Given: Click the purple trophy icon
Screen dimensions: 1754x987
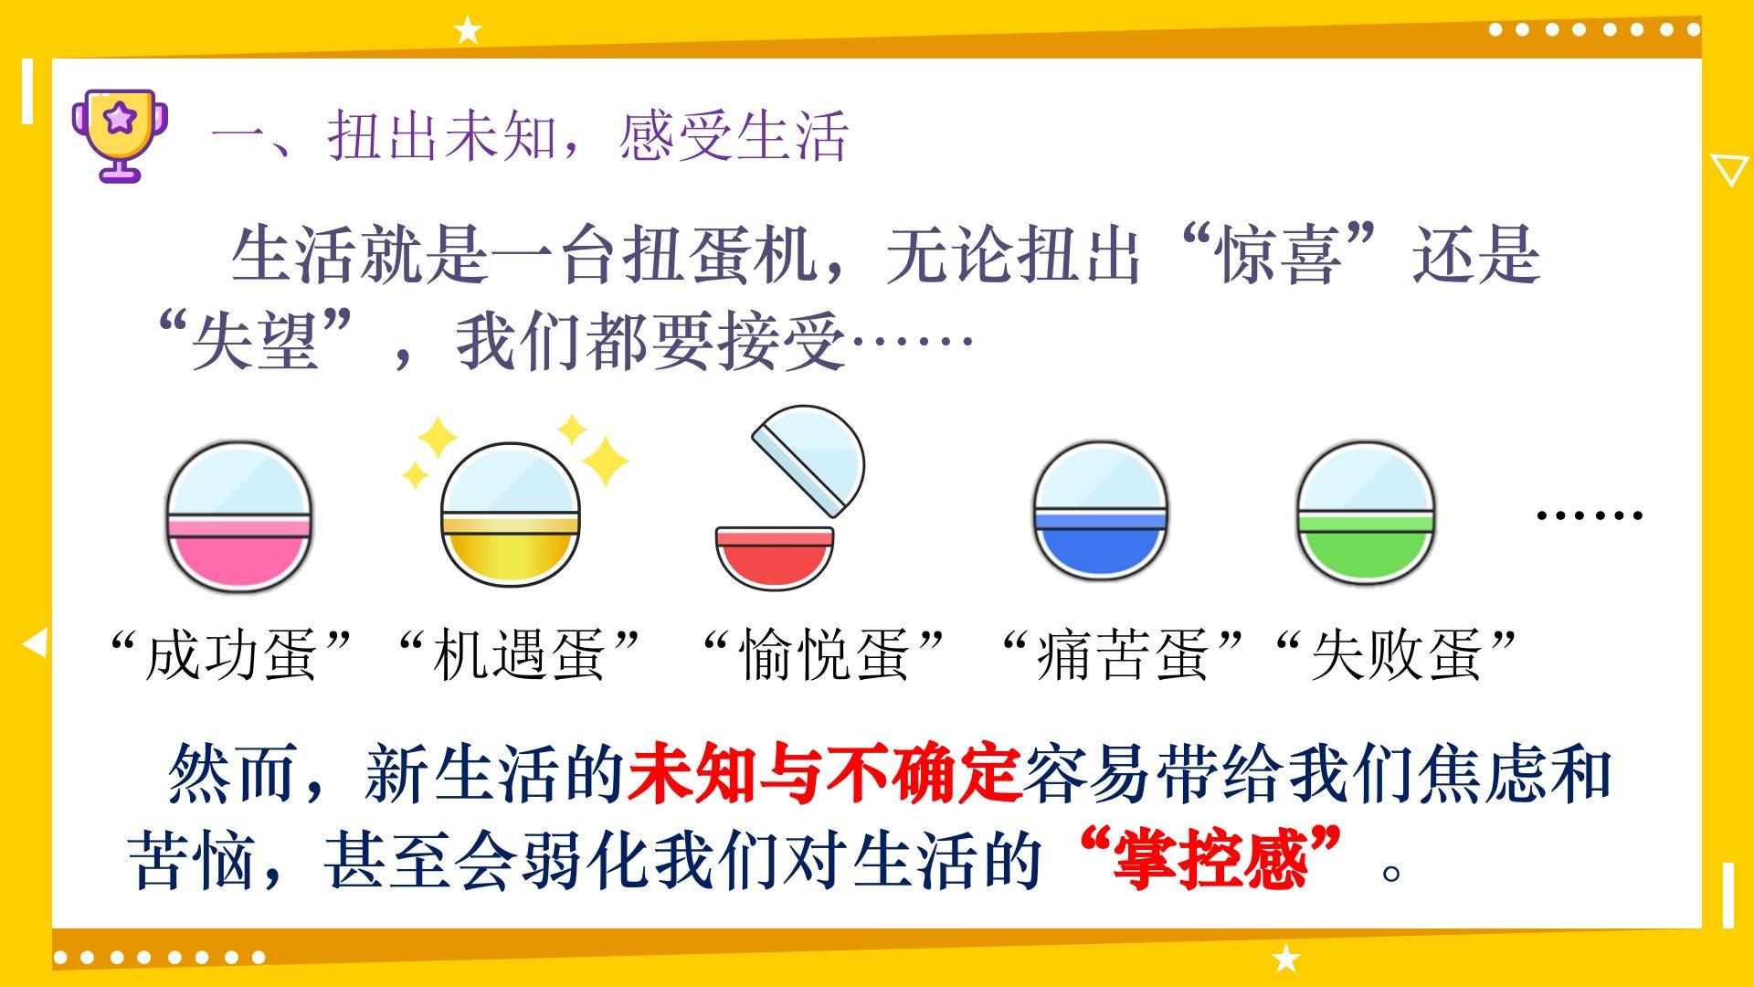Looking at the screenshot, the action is (121, 135).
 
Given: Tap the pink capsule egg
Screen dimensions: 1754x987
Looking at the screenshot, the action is (238, 517).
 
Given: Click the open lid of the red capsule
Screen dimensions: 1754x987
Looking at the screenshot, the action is (808, 460).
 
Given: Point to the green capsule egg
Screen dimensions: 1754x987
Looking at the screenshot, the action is (1365, 513).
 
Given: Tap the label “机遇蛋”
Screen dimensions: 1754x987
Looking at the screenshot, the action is (519, 654).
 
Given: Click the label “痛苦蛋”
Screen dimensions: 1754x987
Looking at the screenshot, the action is (1122, 654).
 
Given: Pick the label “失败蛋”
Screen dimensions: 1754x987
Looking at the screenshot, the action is (1396, 654).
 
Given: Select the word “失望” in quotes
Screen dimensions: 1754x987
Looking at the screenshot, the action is (255, 341).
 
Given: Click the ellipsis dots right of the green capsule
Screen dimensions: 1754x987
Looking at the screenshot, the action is (1590, 515).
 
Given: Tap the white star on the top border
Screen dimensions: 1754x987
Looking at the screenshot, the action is (468, 31).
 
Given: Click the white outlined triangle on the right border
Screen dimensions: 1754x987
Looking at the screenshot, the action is (1728, 170).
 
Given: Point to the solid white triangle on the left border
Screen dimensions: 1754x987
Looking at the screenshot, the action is (35, 643).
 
